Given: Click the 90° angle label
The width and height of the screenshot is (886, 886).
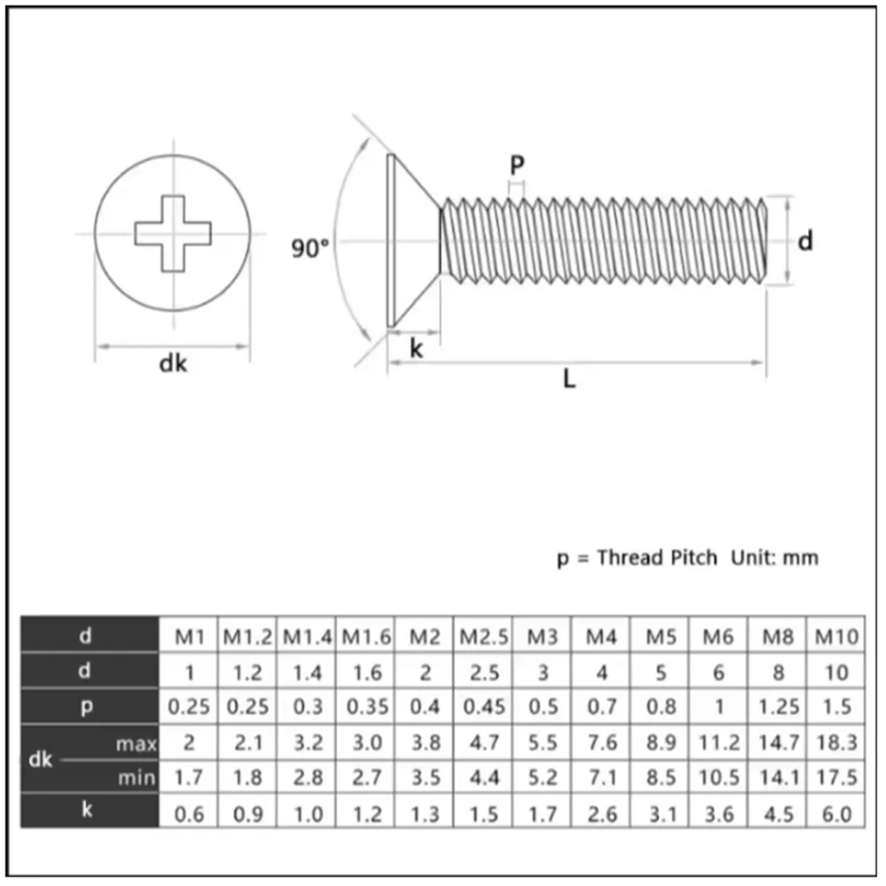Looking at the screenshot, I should coord(310,249).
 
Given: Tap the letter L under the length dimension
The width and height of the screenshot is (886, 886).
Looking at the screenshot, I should coord(570,381).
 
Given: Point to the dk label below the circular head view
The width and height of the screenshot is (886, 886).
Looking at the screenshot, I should coord(173,364).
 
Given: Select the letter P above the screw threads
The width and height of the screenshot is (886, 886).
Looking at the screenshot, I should coord(517,165).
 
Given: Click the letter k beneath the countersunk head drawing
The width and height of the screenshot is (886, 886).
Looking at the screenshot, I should coord(416,349).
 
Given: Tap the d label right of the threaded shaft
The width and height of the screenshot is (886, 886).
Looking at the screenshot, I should coord(804,240).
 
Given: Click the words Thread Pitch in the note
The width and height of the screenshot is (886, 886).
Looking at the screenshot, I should coord(657,558).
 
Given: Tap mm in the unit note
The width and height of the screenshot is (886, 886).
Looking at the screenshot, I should coord(801,558).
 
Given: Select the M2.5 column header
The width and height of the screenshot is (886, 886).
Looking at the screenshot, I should coord(484,636).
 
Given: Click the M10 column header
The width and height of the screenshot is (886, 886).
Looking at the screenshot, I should coord(836,636).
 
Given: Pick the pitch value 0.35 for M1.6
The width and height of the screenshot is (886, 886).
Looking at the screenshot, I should coord(366,707).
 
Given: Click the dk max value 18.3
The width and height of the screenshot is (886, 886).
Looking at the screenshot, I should coord(836,742).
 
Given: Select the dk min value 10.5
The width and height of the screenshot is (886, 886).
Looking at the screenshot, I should coord(719,778).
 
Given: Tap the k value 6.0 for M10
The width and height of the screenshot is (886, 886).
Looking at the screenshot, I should coord(836,813).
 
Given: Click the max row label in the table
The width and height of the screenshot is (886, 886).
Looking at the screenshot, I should coord(136,742).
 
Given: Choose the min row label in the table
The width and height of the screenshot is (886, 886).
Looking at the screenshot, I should coord(137,778).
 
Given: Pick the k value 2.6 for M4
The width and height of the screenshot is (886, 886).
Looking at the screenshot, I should coord(602,813).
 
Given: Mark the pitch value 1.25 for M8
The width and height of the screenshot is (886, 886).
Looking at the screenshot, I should coord(778,707).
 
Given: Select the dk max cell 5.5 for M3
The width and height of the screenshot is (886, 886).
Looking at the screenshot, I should coord(543,742).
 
